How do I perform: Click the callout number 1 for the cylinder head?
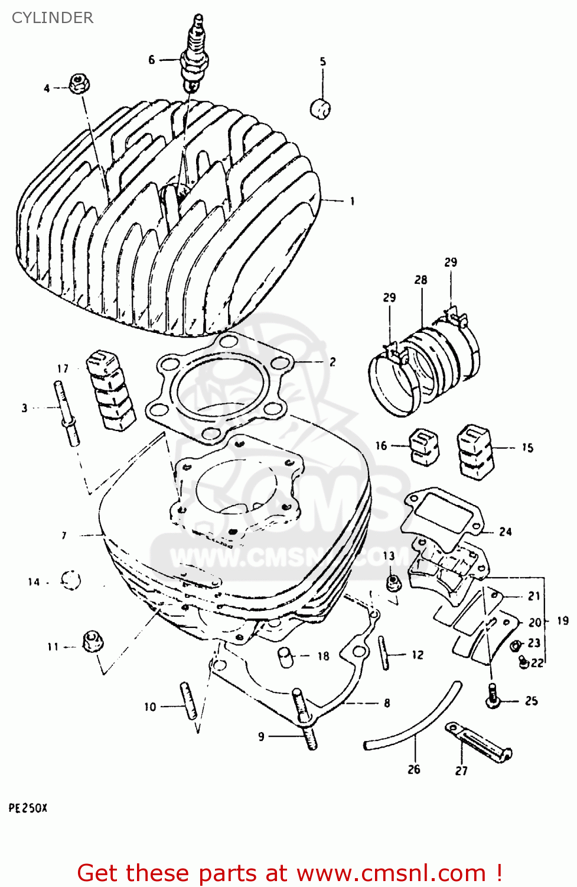pyautogui.click(x=353, y=202)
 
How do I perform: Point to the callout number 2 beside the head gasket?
pyautogui.click(x=332, y=362)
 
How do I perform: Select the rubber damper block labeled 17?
pyautogui.click(x=110, y=390)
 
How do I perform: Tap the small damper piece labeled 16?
pyautogui.click(x=424, y=445)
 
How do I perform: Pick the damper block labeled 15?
pyautogui.click(x=475, y=451)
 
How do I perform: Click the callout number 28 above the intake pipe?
pyautogui.click(x=420, y=280)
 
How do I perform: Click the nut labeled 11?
pyautogui.click(x=92, y=642)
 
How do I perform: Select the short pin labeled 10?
pyautogui.click(x=188, y=700)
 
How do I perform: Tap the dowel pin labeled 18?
pyautogui.click(x=286, y=657)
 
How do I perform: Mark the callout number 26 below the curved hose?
pyautogui.click(x=413, y=769)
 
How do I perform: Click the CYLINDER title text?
pyautogui.click(x=53, y=18)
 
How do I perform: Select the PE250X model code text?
pyautogui.click(x=28, y=808)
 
